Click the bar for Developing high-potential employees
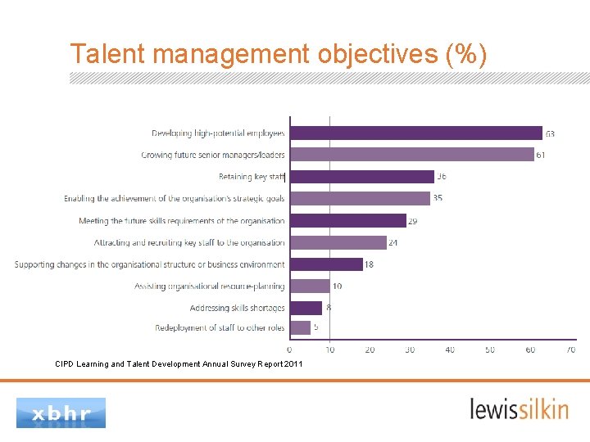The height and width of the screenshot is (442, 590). (x=416, y=133)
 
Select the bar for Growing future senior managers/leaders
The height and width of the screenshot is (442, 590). (x=412, y=155)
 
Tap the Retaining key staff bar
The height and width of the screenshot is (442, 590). (x=362, y=176)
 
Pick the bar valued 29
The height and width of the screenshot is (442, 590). (x=348, y=220)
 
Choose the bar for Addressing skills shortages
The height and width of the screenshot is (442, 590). (x=306, y=308)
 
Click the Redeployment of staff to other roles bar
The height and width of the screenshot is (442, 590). (x=301, y=327)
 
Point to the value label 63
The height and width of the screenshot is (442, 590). (x=550, y=133)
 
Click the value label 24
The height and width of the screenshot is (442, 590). (x=394, y=242)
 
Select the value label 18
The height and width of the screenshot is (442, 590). (x=370, y=264)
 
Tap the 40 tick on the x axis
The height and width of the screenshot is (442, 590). (x=450, y=350)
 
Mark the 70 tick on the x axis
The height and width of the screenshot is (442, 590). (x=570, y=350)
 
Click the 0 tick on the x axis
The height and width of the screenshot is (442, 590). (x=289, y=350)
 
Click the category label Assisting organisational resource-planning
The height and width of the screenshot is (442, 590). (x=210, y=286)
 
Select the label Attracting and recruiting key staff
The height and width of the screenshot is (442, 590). (x=189, y=242)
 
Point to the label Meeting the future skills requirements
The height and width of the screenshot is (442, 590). (x=182, y=220)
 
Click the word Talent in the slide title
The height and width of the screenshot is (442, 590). (x=108, y=54)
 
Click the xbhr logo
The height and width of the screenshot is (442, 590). (x=61, y=413)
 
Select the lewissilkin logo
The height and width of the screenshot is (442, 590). (x=519, y=408)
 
